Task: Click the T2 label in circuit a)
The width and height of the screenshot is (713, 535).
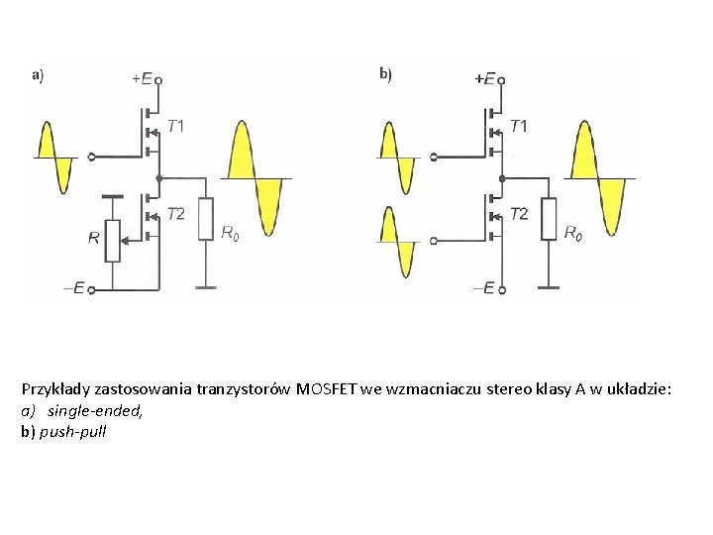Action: point(175,213)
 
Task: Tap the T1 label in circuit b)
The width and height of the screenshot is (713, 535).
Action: point(519,126)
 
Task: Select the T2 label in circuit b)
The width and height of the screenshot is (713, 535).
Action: point(519,213)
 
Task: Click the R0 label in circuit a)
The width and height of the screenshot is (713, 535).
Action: point(229,234)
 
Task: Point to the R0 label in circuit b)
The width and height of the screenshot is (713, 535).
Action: point(572,234)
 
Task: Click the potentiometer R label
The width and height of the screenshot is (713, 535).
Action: point(94,238)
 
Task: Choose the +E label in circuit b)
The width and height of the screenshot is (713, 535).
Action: point(485,77)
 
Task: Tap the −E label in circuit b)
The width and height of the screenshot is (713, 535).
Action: point(484,288)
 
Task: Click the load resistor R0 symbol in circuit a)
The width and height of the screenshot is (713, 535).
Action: point(206,219)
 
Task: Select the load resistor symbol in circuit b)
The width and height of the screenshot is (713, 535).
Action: point(550,219)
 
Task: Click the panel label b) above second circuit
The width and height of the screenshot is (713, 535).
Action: point(385,72)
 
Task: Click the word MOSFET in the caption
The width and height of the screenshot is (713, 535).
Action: point(331,390)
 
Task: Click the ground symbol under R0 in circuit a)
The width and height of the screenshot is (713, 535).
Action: point(206,287)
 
